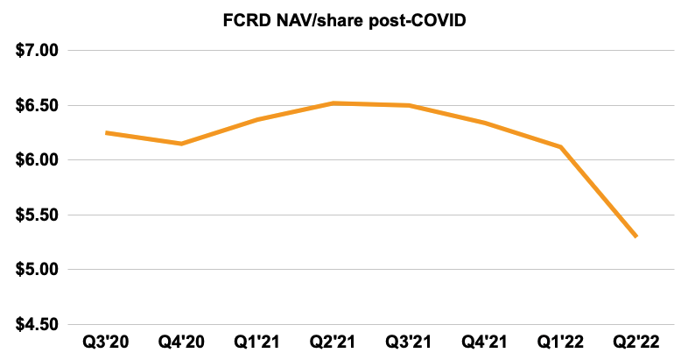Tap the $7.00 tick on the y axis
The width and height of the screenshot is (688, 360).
point(37,51)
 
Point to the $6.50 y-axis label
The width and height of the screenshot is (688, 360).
point(37,105)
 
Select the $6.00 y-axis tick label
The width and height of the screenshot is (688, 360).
point(37,160)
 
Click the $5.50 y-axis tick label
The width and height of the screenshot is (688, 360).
point(37,215)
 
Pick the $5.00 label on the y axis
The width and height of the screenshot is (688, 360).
point(37,270)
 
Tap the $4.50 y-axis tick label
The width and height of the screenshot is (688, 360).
point(37,324)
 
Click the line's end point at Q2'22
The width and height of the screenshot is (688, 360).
point(635,236)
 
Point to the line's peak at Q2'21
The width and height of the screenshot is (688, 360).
point(333,103)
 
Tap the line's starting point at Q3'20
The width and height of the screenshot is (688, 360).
point(106,132)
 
